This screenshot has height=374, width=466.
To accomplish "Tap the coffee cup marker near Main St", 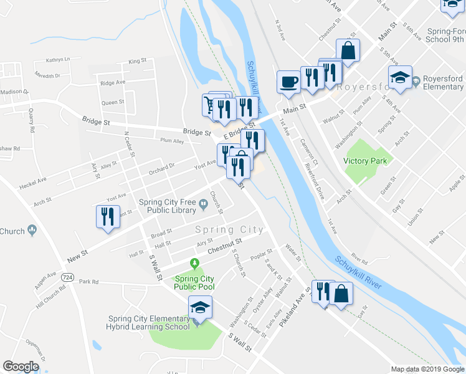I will (288, 81).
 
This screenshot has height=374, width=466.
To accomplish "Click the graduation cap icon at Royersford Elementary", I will (400, 78).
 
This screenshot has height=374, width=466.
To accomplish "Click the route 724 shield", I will (68, 276).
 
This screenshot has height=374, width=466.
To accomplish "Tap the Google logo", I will (21, 367).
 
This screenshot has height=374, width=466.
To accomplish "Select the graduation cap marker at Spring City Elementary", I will (200, 307).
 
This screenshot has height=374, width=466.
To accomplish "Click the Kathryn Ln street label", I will (58, 60).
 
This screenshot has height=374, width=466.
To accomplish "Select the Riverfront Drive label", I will (314, 181).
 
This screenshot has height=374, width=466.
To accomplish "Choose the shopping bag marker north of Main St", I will (348, 51).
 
